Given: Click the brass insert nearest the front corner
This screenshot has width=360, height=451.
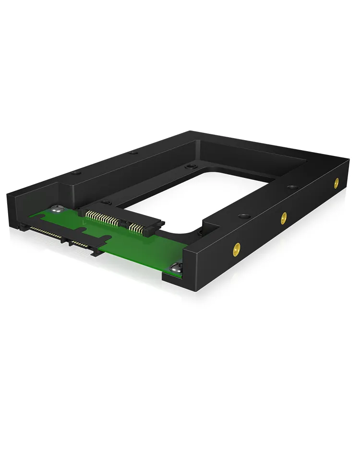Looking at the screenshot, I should (236, 249).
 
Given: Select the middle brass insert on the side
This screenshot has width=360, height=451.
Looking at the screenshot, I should (284, 217).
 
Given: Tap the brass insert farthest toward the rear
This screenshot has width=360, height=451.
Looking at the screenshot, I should (336, 182).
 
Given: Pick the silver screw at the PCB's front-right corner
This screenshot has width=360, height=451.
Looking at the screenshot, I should (176, 269).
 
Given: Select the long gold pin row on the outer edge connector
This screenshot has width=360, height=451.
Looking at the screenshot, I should (46, 232).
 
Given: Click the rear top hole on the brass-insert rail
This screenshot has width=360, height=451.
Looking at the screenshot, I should (291, 188).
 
